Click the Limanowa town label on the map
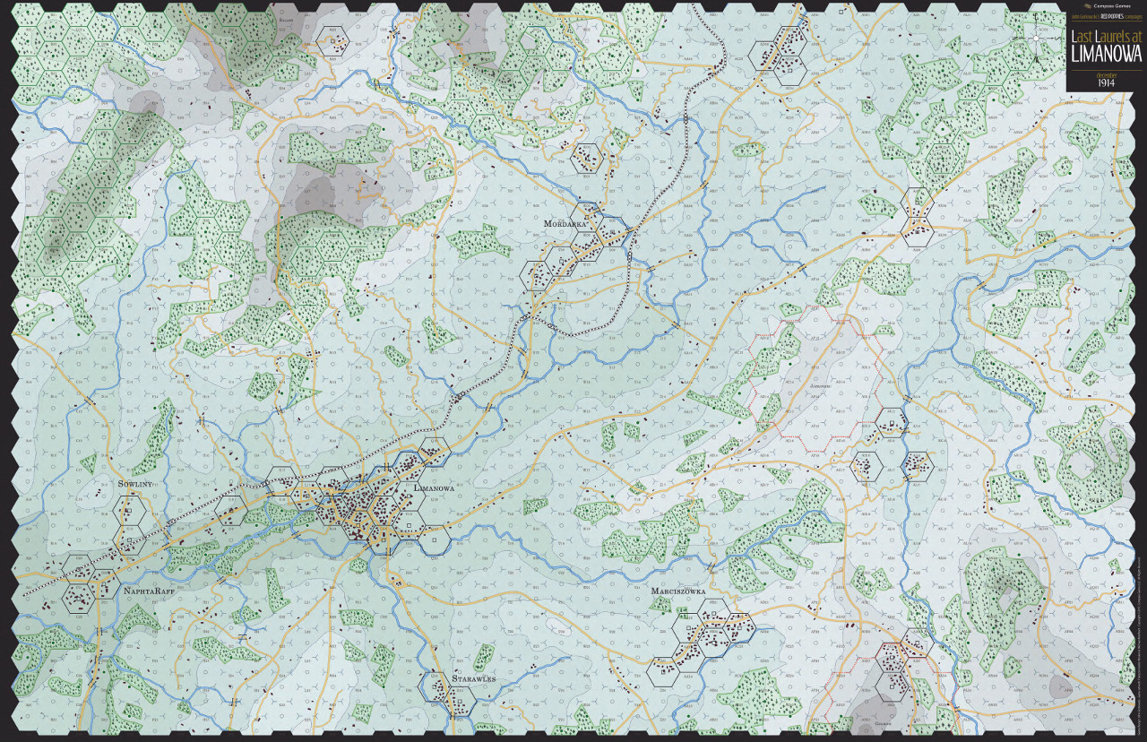(434, 487)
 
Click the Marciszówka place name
(680, 592)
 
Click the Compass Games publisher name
(1113, 5)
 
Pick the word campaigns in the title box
(1131, 17)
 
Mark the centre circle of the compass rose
(1036, 39)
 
